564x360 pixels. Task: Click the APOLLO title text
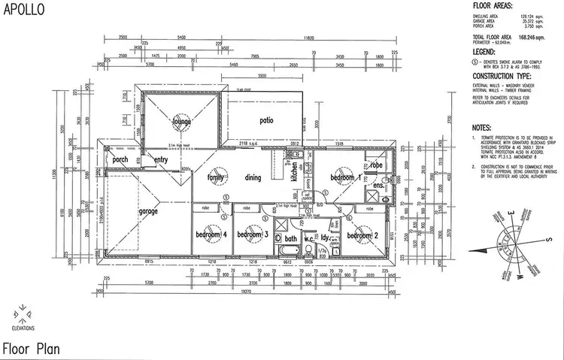pos(23,10)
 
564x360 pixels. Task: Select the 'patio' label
pos(265,120)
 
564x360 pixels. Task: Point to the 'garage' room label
pos(148,211)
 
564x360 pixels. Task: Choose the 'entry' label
pos(162,159)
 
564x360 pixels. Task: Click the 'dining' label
pos(253,177)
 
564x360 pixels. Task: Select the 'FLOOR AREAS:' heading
pos(493,5)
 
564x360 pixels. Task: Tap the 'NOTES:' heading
pos(483,129)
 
